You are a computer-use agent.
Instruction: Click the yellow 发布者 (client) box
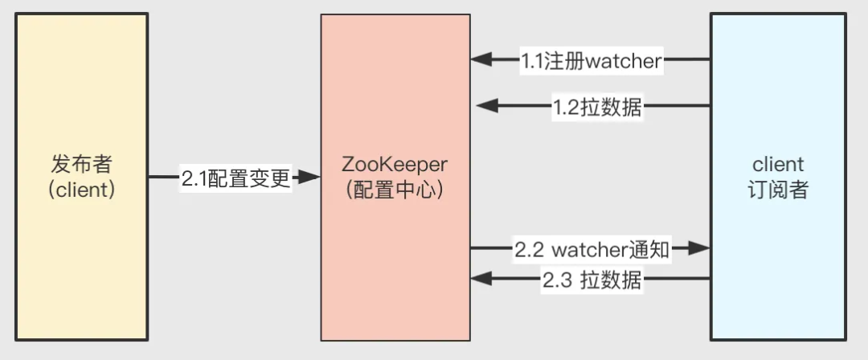(81, 177)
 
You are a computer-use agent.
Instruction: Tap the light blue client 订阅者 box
(778, 177)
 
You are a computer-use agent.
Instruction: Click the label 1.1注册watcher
(592, 59)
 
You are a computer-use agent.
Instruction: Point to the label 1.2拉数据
(597, 106)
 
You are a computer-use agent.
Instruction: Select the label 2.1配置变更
(235, 178)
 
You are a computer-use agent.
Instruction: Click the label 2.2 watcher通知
(592, 250)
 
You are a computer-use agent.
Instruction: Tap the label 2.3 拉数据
(592, 280)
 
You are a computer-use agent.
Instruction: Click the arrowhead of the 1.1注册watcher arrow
(481, 59)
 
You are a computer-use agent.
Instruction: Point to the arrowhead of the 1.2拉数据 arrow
(486, 106)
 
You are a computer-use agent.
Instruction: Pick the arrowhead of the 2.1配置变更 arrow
(309, 178)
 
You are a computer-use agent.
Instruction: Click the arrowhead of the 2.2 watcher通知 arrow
(699, 248)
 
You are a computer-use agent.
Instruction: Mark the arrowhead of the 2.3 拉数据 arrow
(481, 280)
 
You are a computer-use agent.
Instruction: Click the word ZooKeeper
(395, 165)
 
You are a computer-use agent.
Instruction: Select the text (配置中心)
(395, 190)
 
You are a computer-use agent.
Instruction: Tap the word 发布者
(81, 165)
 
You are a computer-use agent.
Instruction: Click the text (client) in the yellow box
(81, 190)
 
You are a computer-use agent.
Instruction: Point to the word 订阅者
(778, 190)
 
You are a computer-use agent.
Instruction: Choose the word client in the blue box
(778, 165)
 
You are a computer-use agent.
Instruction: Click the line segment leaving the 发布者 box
(164, 178)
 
